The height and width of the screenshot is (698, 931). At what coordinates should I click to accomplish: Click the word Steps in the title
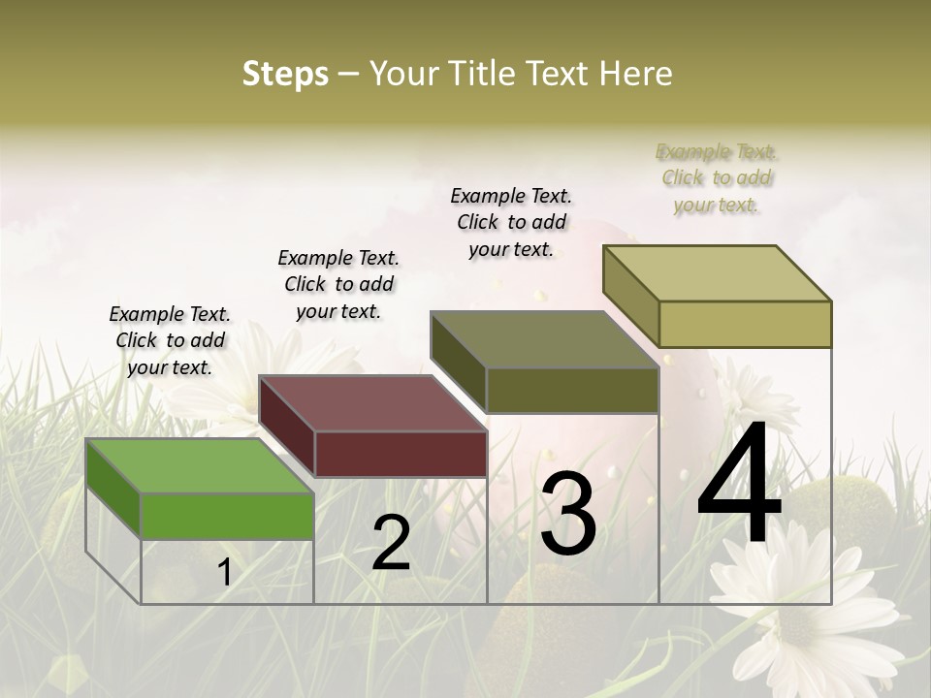click(x=285, y=74)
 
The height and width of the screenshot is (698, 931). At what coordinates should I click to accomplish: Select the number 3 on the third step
click(x=567, y=514)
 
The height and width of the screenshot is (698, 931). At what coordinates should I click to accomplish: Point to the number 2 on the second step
click(x=391, y=543)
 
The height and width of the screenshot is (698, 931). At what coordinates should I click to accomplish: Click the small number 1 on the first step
click(x=225, y=573)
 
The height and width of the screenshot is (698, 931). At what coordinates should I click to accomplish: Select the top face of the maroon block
click(x=372, y=403)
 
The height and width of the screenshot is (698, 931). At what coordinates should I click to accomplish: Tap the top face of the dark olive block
click(x=544, y=339)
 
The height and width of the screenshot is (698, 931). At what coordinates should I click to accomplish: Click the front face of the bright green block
click(x=227, y=516)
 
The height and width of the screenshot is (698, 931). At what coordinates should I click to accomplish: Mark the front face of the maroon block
click(x=401, y=454)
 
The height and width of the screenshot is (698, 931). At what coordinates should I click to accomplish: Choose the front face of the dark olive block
click(x=572, y=391)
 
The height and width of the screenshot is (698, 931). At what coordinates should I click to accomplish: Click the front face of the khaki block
click(x=745, y=324)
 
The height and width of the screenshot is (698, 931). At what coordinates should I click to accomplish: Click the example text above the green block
click(x=170, y=340)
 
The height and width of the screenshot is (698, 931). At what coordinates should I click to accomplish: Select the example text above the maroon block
click(x=338, y=284)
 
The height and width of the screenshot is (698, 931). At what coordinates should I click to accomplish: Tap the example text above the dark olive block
click(x=511, y=222)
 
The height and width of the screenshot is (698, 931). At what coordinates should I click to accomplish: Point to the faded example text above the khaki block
click(x=717, y=177)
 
